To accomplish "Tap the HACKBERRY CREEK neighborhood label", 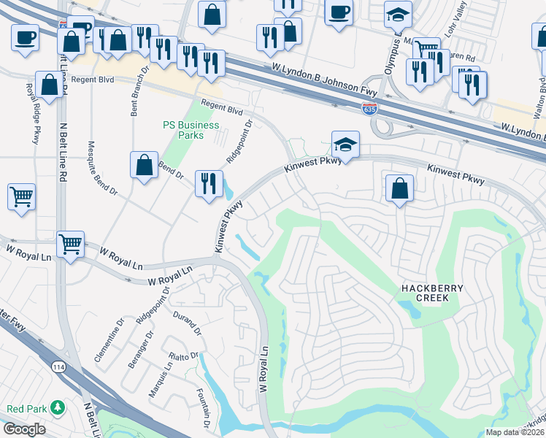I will point(431,293).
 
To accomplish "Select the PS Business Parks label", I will point(191,130).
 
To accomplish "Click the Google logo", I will point(25,429).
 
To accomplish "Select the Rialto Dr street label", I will point(184,356).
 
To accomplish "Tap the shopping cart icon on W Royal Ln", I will point(70,244).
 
